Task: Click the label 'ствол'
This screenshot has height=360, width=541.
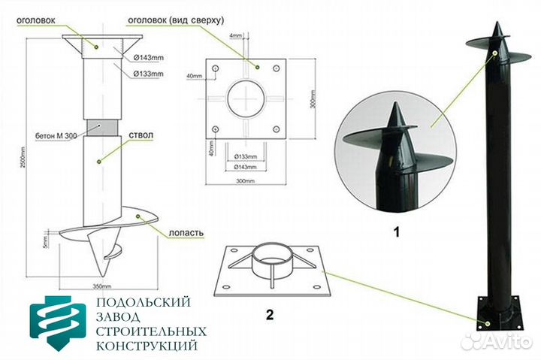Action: [x=141, y=135]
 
